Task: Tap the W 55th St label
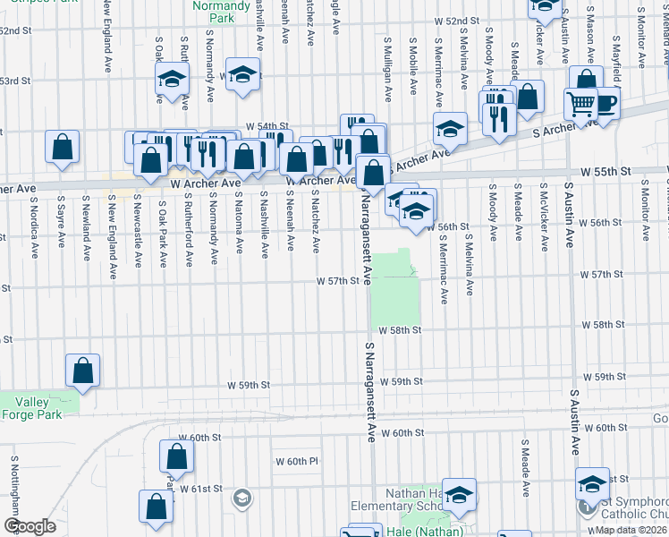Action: (x=605, y=169)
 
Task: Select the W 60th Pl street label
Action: (x=297, y=461)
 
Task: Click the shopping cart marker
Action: (x=580, y=105)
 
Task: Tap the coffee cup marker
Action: (x=605, y=103)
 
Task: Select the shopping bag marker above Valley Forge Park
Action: (x=82, y=370)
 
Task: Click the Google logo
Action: (x=30, y=526)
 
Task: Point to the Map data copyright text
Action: (x=631, y=529)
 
